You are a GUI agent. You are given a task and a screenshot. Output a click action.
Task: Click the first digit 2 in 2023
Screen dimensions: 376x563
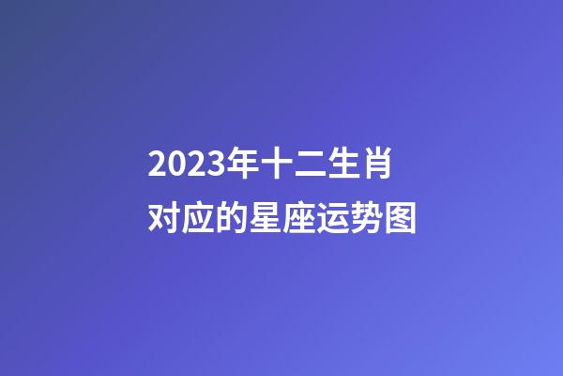pyautogui.click(x=156, y=166)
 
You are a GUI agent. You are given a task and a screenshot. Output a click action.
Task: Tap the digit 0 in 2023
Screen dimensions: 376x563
pyautogui.click(x=172, y=166)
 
